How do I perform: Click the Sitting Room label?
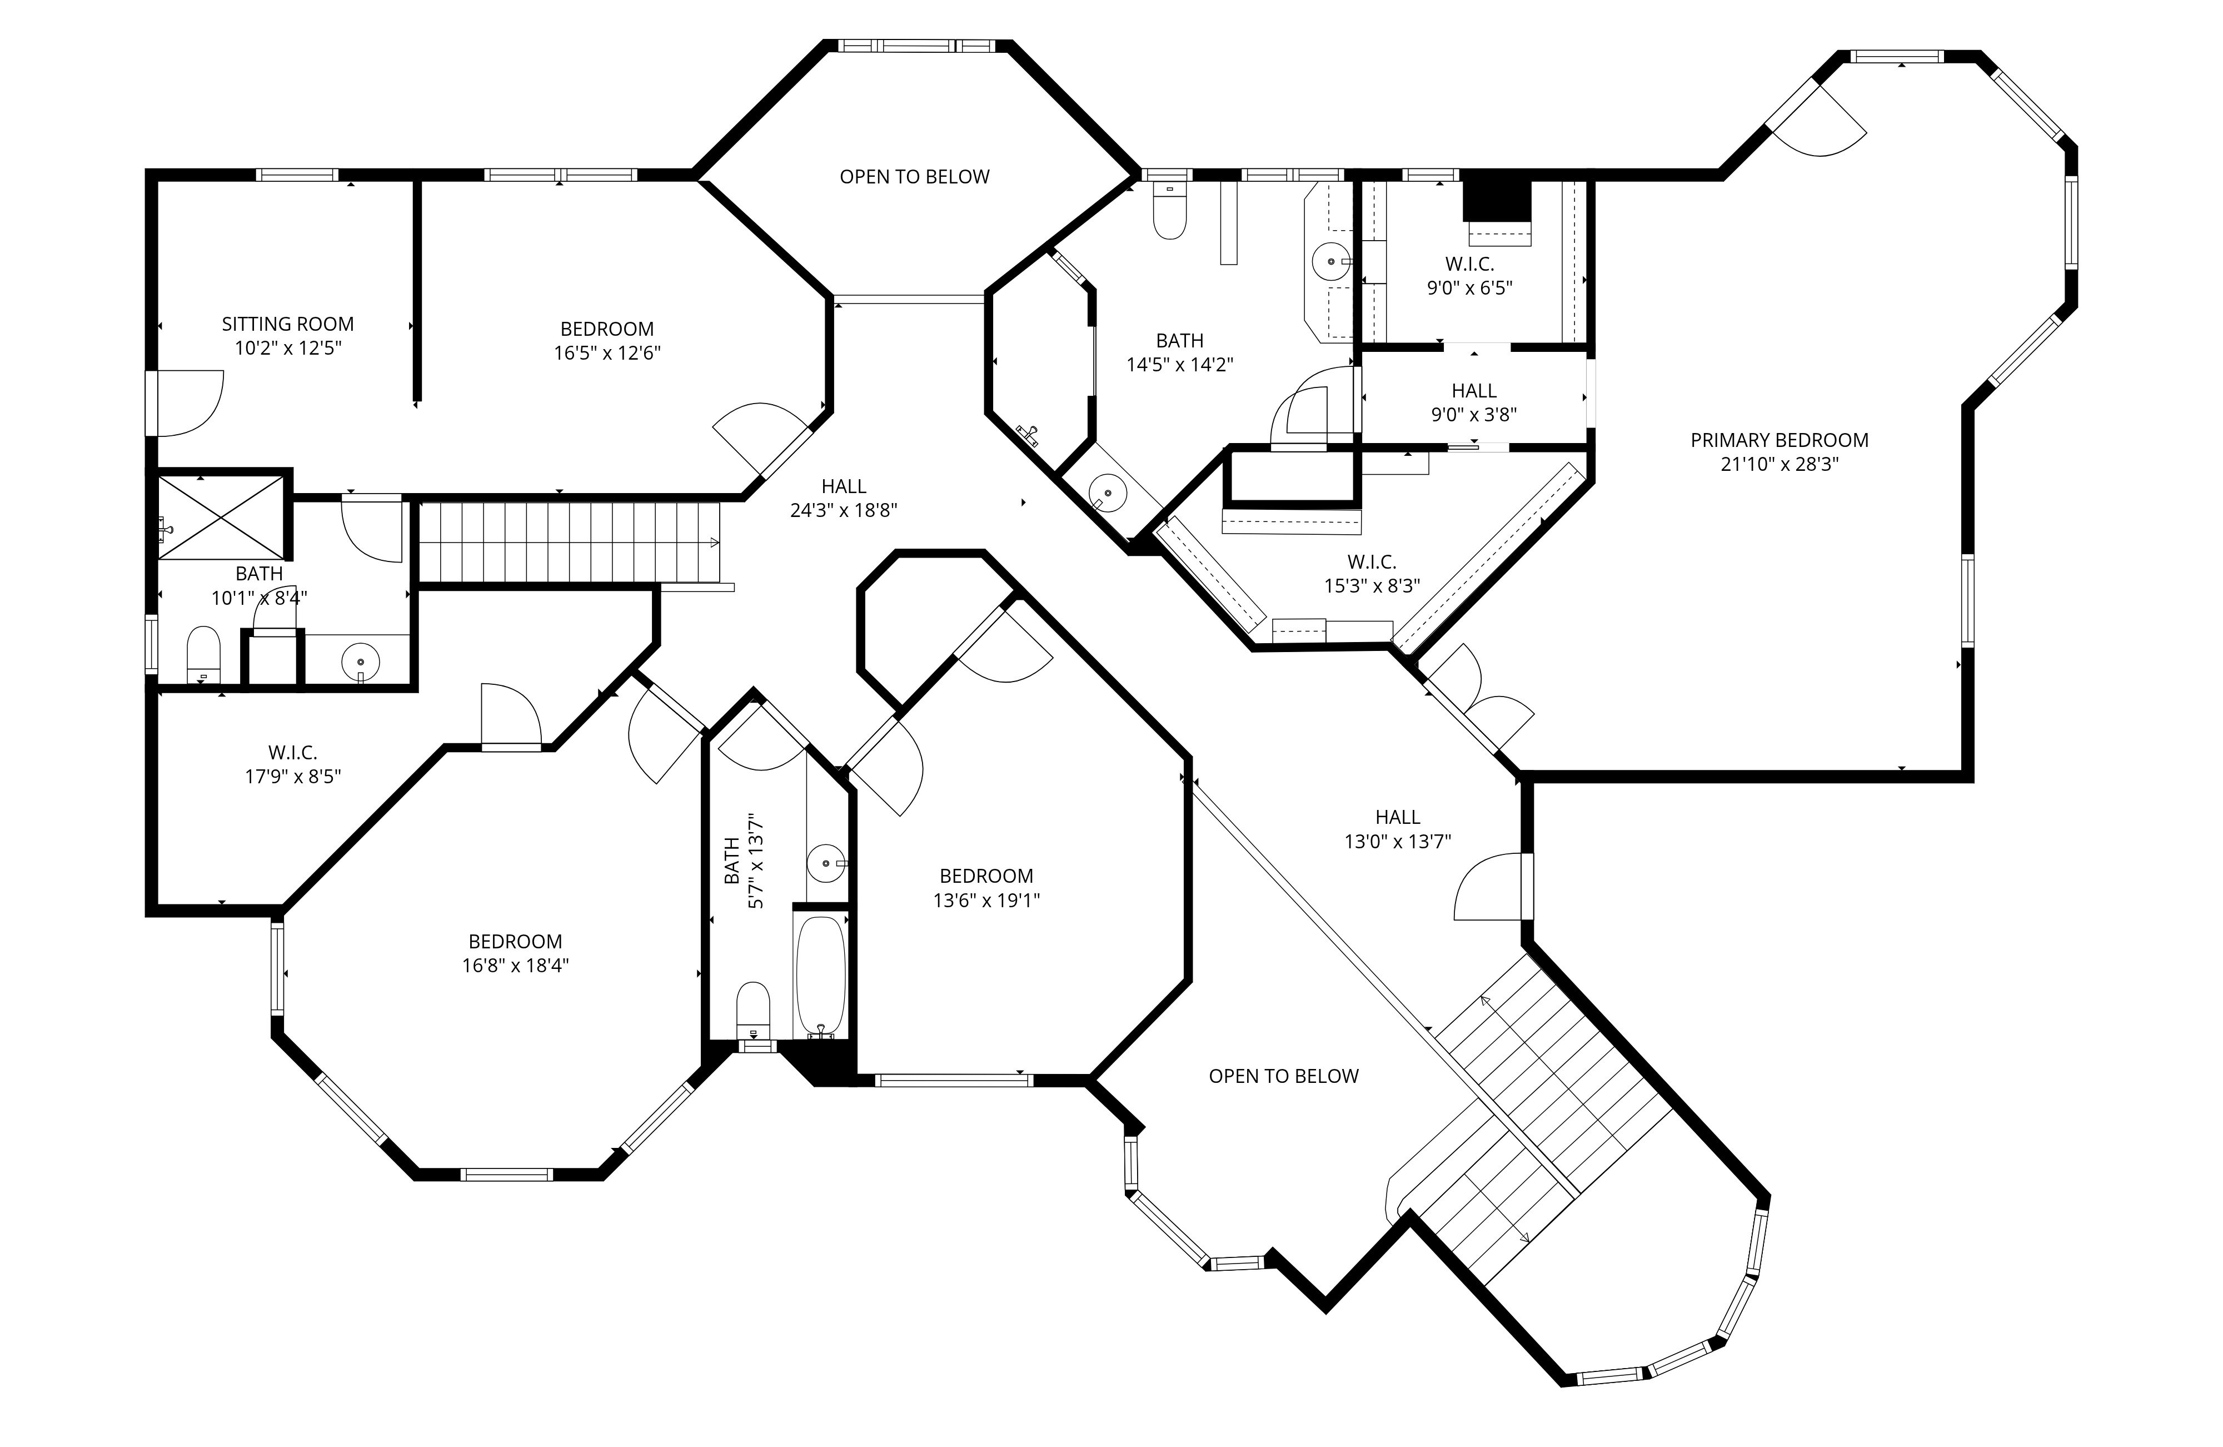pyautogui.click(x=288, y=324)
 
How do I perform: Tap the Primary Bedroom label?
pyautogui.click(x=1780, y=440)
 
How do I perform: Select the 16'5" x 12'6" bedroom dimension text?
pyautogui.click(x=607, y=353)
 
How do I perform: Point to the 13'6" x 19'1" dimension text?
pyautogui.click(x=986, y=901)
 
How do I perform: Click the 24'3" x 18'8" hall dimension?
pyautogui.click(x=844, y=510)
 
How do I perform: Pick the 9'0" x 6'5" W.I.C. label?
pyautogui.click(x=1469, y=265)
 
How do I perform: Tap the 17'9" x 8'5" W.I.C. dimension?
pyautogui.click(x=293, y=776)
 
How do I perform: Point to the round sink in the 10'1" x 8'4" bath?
pyautogui.click(x=361, y=662)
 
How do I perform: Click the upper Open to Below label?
pyautogui.click(x=914, y=177)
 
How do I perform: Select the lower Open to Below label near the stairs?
pyautogui.click(x=1283, y=1076)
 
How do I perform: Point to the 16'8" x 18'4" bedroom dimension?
pyautogui.click(x=516, y=966)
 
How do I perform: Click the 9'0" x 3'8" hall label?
pyautogui.click(x=1474, y=390)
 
